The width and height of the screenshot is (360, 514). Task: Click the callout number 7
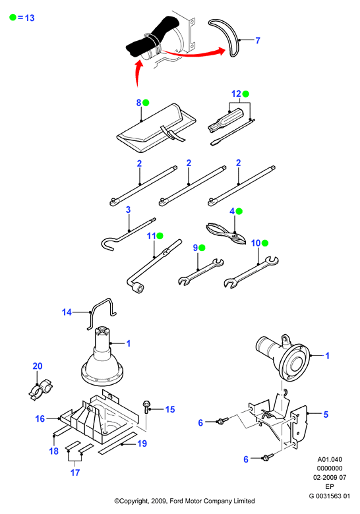click(258, 40)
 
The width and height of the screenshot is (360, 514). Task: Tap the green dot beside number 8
click(146, 103)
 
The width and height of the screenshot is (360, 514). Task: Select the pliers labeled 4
click(226, 233)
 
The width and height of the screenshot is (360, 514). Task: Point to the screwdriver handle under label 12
click(226, 121)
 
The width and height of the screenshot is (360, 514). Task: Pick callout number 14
click(67, 312)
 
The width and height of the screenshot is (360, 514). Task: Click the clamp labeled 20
click(41, 389)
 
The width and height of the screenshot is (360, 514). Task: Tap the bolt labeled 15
click(146, 407)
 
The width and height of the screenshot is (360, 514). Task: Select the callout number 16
click(40, 418)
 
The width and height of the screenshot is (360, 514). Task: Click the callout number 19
click(142, 443)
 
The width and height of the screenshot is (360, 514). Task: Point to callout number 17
click(75, 472)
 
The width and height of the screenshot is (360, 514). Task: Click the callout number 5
click(326, 414)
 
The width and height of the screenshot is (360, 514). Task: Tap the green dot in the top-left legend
click(13, 17)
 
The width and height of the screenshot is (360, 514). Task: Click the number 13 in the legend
click(30, 18)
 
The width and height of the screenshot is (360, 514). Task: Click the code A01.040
click(330, 459)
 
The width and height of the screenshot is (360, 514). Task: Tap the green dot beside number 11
click(160, 236)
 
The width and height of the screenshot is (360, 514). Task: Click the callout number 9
click(195, 248)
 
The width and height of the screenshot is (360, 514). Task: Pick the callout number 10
click(256, 243)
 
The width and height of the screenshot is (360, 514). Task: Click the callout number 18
click(54, 451)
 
